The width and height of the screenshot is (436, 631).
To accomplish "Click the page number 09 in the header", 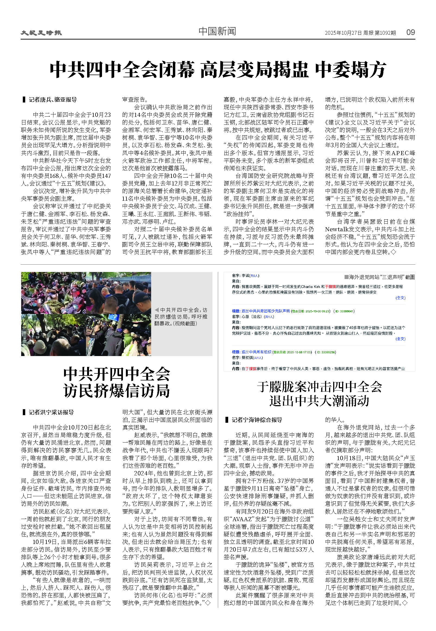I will tap(410, 32).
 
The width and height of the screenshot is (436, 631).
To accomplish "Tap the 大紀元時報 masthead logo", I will tap(41, 33).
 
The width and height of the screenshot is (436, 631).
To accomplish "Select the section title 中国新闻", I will tap(217, 31).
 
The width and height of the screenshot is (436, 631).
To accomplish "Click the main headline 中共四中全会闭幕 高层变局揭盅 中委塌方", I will tap(218, 70).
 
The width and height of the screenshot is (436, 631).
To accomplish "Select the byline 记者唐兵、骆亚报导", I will tap(52, 100).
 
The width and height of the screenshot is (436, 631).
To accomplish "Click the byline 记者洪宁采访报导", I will tap(51, 412).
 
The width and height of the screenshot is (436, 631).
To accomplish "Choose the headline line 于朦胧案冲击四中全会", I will tap(319, 387).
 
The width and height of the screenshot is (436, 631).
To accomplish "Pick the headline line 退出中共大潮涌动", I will tap(319, 401).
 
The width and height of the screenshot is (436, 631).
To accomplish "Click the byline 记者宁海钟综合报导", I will tap(256, 420).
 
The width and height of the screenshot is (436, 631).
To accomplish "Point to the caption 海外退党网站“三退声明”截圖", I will tap(381, 277).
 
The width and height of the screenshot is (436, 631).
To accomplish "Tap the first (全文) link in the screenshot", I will tap(400, 298).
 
